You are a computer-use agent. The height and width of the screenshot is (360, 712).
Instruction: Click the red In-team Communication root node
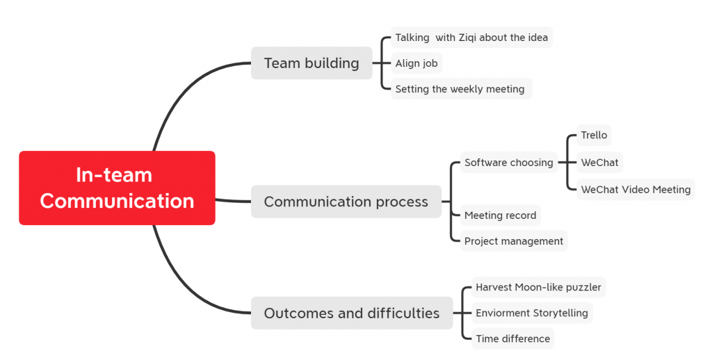coord(117,188)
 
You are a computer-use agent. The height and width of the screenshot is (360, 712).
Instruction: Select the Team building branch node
coord(311,63)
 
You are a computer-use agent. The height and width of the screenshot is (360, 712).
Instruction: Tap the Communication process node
coord(346,202)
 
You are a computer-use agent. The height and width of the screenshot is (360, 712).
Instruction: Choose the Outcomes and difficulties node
coord(352,313)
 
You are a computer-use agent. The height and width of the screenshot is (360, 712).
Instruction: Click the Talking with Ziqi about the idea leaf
coord(472,38)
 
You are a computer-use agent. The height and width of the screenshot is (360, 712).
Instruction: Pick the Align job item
coord(416,63)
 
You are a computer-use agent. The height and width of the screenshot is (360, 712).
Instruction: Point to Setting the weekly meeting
coord(460,89)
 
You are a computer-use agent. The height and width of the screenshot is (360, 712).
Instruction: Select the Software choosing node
coord(508,163)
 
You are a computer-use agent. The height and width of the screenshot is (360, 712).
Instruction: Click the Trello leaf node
coord(594,136)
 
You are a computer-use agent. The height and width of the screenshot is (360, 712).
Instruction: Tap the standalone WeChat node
coord(599,163)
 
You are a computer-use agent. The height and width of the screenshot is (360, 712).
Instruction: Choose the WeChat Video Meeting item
coord(636,189)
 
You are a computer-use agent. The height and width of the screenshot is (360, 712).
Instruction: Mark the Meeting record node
coord(501,215)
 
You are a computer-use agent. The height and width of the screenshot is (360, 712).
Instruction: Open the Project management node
coord(514,241)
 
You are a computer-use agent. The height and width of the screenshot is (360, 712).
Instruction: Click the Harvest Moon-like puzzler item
coord(538,287)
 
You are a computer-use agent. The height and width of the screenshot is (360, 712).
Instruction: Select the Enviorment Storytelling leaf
coord(532,313)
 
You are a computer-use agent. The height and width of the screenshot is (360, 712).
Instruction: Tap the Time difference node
coord(512,338)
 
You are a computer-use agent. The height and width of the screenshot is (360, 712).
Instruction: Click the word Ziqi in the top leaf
coord(467,38)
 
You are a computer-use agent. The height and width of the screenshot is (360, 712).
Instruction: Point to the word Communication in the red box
coord(117,201)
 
